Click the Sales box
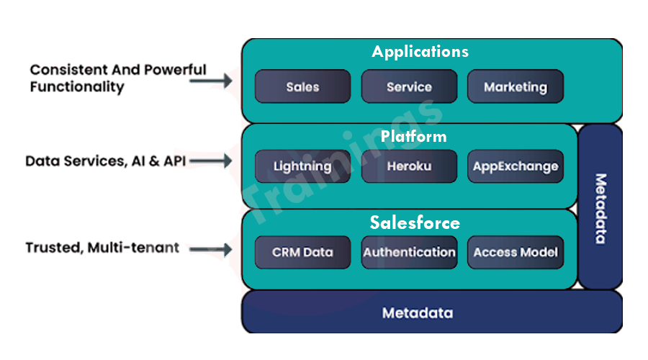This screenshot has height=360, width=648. point(302,86)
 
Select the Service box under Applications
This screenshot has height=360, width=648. point(409,86)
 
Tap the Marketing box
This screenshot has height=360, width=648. point(516,86)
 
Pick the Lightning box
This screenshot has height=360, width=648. point(302,166)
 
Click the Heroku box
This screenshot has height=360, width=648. point(409,166)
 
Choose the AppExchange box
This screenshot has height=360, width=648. point(516,166)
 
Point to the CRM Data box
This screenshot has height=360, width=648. point(302,252)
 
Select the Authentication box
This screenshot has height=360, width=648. point(409,252)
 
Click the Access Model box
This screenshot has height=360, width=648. point(516,252)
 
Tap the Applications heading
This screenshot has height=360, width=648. point(420,52)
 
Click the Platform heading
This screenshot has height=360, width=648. point(414,136)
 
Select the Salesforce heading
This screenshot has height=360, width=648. point(415,222)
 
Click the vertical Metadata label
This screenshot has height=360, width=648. point(600,209)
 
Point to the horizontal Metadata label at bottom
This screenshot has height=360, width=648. point(418,313)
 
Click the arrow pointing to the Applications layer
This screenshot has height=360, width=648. point(211,81)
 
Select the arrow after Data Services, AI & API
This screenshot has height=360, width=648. point(211,161)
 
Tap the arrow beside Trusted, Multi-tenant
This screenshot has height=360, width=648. point(211,249)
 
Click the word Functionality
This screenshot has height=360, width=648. point(77,87)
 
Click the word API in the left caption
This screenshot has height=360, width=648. point(174,161)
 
